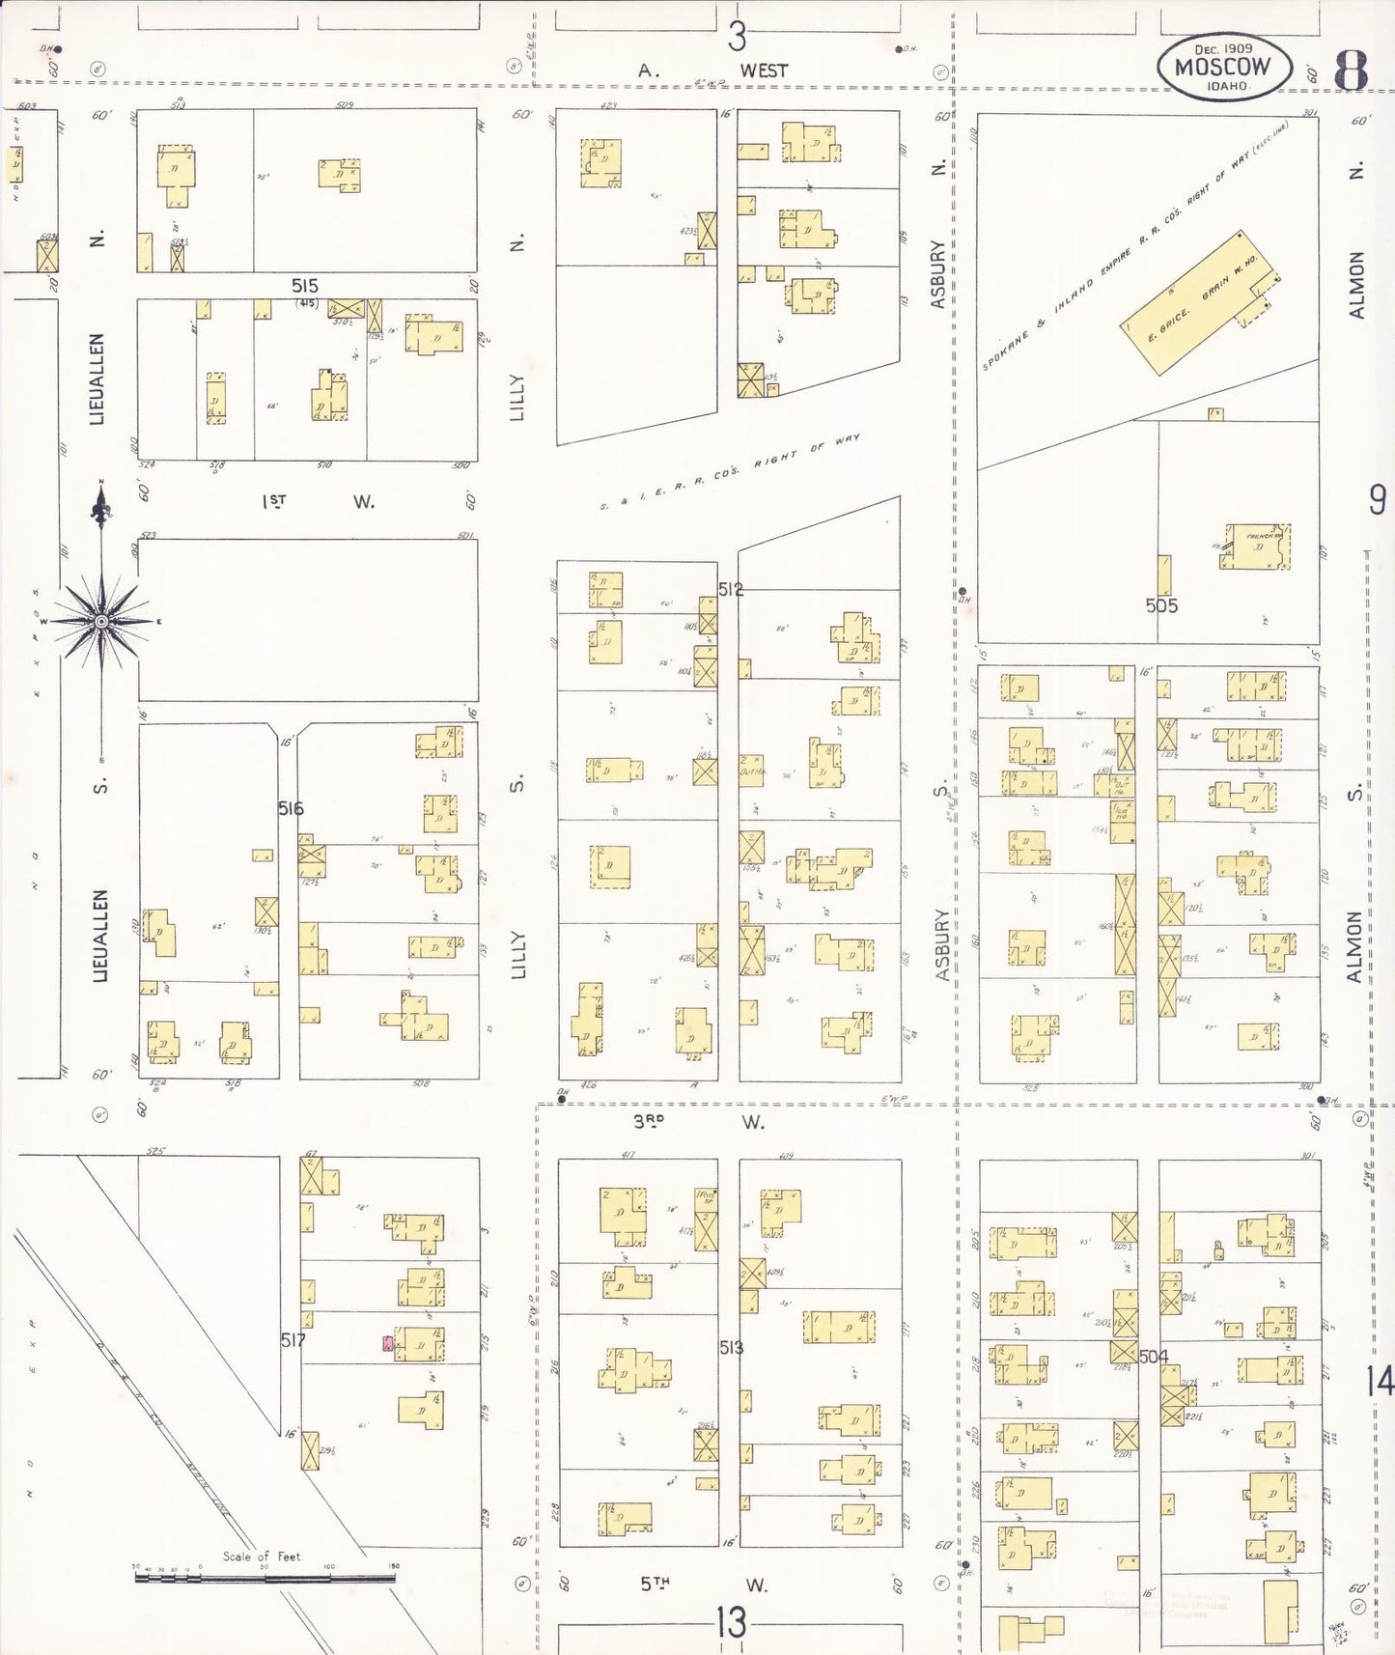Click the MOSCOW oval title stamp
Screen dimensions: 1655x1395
point(1224,67)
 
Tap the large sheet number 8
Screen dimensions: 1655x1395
point(1351,69)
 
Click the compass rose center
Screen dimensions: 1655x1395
point(101,621)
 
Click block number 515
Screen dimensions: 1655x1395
point(305,286)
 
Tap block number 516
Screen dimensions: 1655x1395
point(291,808)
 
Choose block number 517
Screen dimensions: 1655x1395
point(293,1340)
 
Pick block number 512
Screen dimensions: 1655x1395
point(731,589)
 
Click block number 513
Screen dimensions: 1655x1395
point(731,1347)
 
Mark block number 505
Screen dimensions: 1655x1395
point(1161,605)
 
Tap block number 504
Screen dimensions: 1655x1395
point(1154,1357)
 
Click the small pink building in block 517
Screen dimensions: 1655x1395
point(388,1343)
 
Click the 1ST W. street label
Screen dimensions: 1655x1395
point(318,501)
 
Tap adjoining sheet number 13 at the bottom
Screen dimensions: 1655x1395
point(731,1623)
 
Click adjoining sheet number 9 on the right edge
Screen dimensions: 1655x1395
point(1377,500)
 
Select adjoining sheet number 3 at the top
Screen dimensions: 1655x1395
point(738,37)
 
